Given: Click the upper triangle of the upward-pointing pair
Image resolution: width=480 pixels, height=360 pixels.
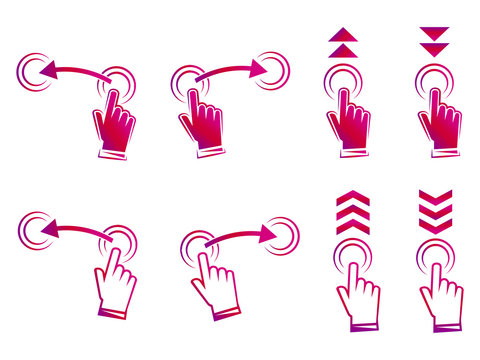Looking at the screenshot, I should tap(342, 33).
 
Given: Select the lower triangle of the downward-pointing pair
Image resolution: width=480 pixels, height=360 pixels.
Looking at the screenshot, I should tap(435, 50).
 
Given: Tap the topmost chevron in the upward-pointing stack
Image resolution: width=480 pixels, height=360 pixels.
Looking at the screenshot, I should tap(353, 198).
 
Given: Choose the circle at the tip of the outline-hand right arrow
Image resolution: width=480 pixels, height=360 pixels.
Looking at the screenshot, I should tap(282, 235).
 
